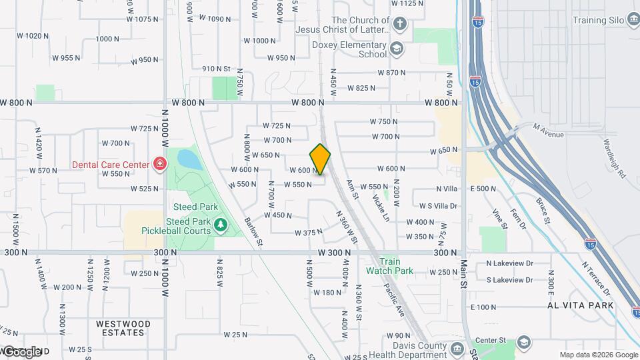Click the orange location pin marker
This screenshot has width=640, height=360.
click(x=321, y=159)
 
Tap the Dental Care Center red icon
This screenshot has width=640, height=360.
click(x=160, y=163)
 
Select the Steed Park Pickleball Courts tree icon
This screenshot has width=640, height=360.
click(x=221, y=226)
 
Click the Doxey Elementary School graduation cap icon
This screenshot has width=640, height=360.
click(x=397, y=49)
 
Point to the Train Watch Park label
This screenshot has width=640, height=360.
click(x=389, y=266)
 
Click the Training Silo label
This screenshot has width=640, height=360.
click(x=597, y=20)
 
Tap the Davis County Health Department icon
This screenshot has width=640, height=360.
click(x=457, y=349)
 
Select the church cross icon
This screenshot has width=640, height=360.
click(x=399, y=25)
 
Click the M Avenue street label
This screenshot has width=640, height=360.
click(x=548, y=135)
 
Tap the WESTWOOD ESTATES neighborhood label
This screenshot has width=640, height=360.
click(x=123, y=328)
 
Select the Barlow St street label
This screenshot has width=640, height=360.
click(x=254, y=231)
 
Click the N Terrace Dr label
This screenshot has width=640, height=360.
click(x=595, y=278)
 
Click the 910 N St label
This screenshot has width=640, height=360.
click(x=216, y=69)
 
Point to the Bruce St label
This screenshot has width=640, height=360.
click(x=542, y=210)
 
